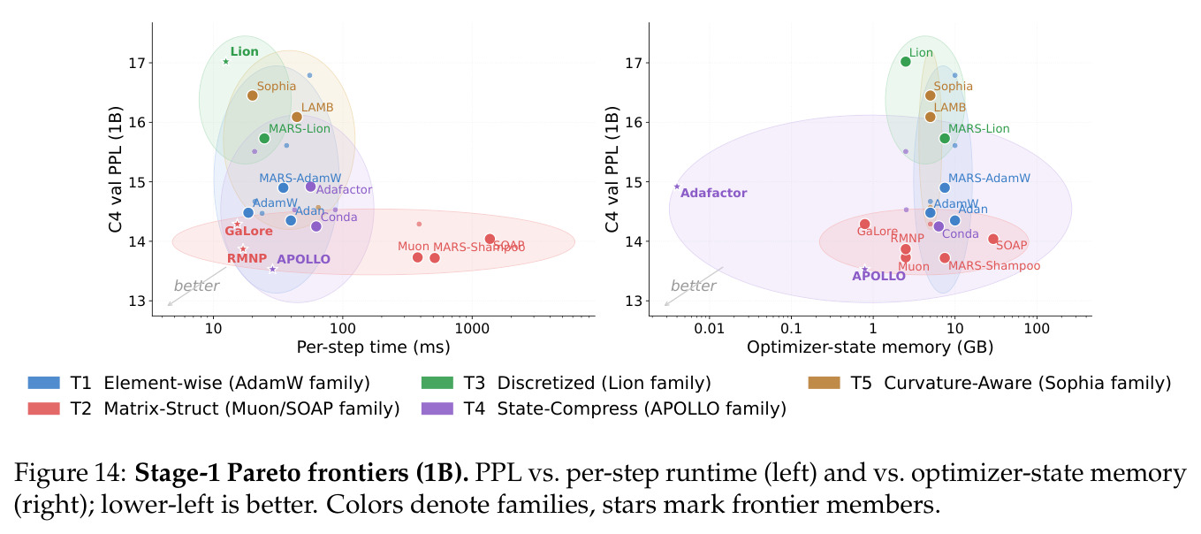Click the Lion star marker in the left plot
click(225, 62)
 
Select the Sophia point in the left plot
click(253, 95)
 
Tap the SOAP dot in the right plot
click(993, 239)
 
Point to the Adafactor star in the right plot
click(677, 187)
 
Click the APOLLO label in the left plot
click(303, 259)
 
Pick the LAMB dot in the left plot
click(297, 118)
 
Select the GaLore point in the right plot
click(865, 224)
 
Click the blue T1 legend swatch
click(44, 383)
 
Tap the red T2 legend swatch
click(44, 408)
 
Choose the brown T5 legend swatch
click(824, 383)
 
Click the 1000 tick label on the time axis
click(472, 328)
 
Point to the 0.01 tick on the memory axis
click(709, 328)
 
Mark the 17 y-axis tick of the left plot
click(137, 64)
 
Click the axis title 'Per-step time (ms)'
click(373, 347)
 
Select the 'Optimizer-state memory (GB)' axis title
click(870, 347)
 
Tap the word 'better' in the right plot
click(693, 286)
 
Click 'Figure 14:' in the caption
click(70, 473)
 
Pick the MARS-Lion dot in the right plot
click(945, 138)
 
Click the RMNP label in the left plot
click(247, 258)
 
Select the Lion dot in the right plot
click(906, 62)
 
